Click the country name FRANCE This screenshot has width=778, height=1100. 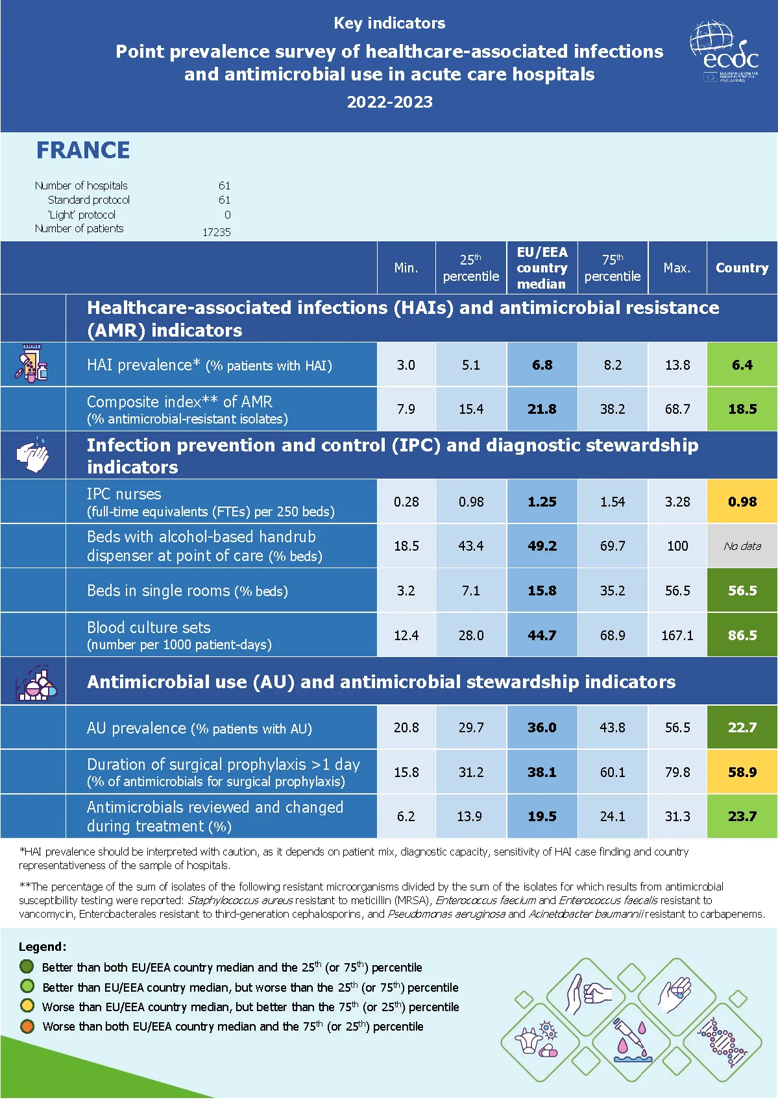pyautogui.click(x=83, y=150)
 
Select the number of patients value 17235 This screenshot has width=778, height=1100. pyautogui.click(x=216, y=232)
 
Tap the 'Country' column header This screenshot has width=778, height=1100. pyautogui.click(x=742, y=268)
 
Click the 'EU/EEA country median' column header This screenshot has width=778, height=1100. pyautogui.click(x=542, y=268)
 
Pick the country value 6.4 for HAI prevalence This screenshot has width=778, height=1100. pyautogui.click(x=742, y=365)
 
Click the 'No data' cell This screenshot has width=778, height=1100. pyautogui.click(x=742, y=546)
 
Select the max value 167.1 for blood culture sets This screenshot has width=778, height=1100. pyautogui.click(x=677, y=636)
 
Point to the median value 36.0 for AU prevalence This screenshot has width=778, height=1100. pyautogui.click(x=542, y=728)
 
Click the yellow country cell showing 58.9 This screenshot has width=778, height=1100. pyautogui.click(x=742, y=772)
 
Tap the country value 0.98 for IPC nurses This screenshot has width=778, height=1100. pyautogui.click(x=742, y=502)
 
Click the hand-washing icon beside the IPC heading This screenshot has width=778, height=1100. pyautogui.click(x=32, y=455)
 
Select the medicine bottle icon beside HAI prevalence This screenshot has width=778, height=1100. pyautogui.click(x=32, y=365)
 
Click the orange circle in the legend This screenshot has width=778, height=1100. pyautogui.click(x=27, y=1027)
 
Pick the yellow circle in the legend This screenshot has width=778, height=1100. pyautogui.click(x=27, y=1007)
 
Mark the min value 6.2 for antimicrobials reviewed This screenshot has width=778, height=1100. pyautogui.click(x=406, y=817)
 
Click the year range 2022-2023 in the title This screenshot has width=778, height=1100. pyautogui.click(x=389, y=102)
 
